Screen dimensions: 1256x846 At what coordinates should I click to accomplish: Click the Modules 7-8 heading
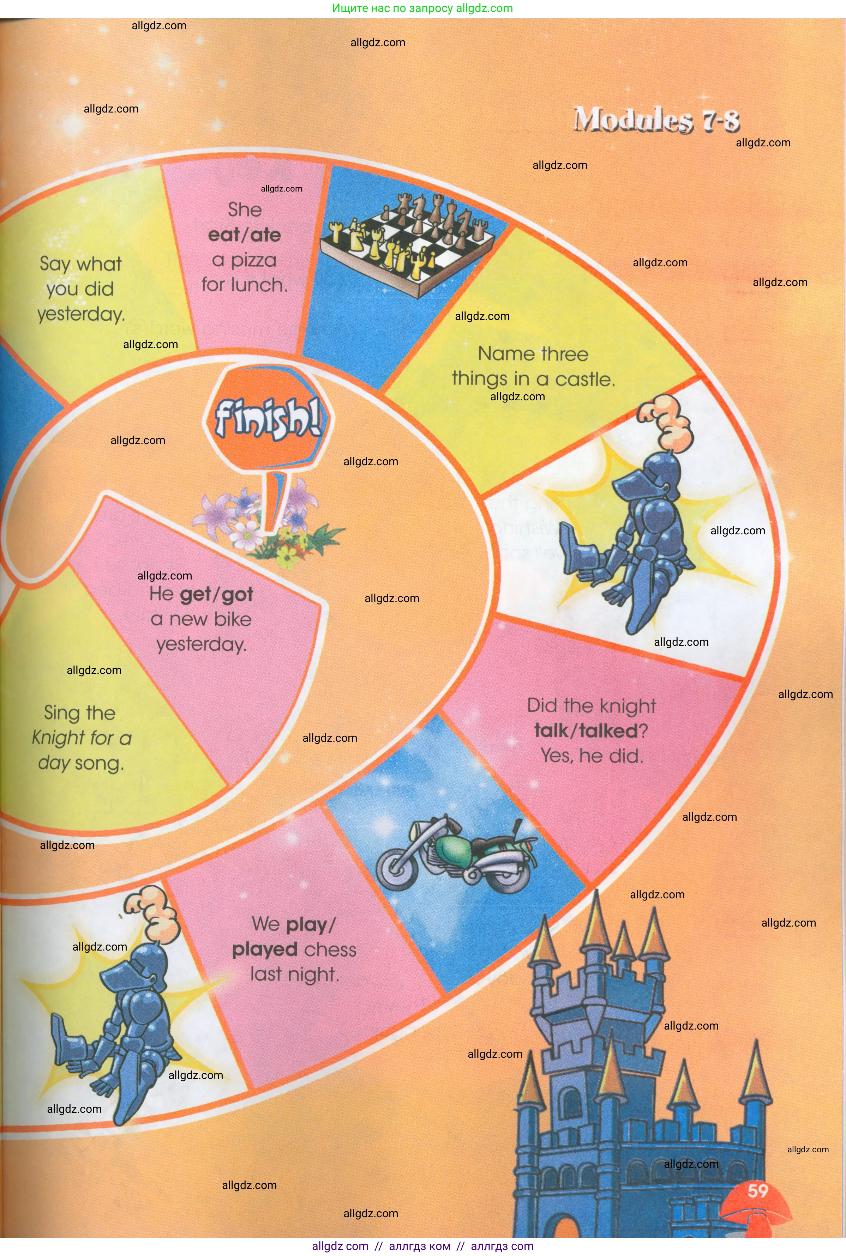click(x=656, y=119)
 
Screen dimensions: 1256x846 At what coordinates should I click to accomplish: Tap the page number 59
click(x=757, y=1190)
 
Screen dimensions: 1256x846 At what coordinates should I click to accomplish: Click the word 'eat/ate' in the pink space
click(x=245, y=235)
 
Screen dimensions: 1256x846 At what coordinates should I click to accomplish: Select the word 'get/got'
click(x=216, y=594)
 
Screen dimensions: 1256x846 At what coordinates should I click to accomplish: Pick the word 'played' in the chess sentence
click(x=264, y=949)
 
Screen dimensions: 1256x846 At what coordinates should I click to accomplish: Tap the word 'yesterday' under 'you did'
click(x=81, y=314)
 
